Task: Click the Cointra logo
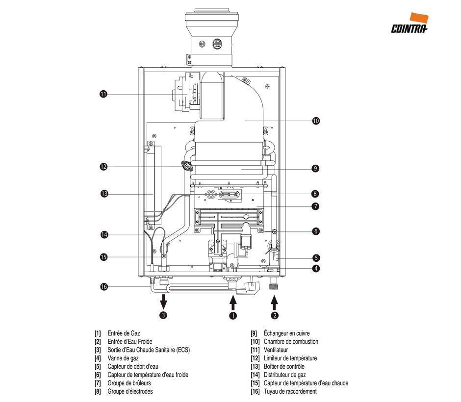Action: point(410,24)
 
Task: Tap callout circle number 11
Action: point(103,95)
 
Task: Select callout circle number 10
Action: point(316,121)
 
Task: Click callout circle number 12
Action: point(103,167)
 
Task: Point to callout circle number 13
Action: point(103,194)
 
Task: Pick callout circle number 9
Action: point(316,169)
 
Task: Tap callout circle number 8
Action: point(316,194)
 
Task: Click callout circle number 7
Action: point(316,206)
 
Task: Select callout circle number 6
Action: point(316,230)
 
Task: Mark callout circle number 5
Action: point(316,257)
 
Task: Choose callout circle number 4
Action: point(316,268)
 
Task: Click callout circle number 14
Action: point(103,235)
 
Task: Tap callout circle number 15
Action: point(103,257)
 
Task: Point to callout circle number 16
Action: point(103,287)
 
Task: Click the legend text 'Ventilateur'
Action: point(276,350)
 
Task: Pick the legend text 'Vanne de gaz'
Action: point(123,358)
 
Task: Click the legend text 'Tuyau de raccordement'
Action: point(290,392)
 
